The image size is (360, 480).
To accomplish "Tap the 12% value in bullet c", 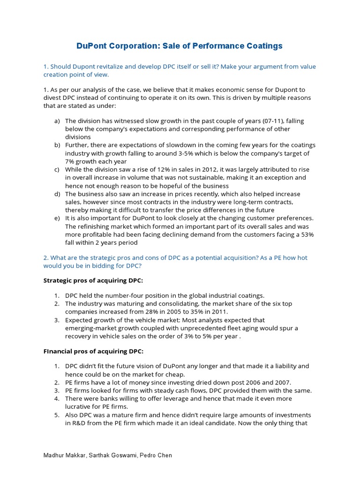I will click(x=150, y=169).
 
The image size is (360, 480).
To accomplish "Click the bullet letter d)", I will click(x=57, y=194).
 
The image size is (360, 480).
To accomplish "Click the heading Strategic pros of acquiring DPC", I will click(x=93, y=280).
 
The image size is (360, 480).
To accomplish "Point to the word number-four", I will click(x=124, y=295).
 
